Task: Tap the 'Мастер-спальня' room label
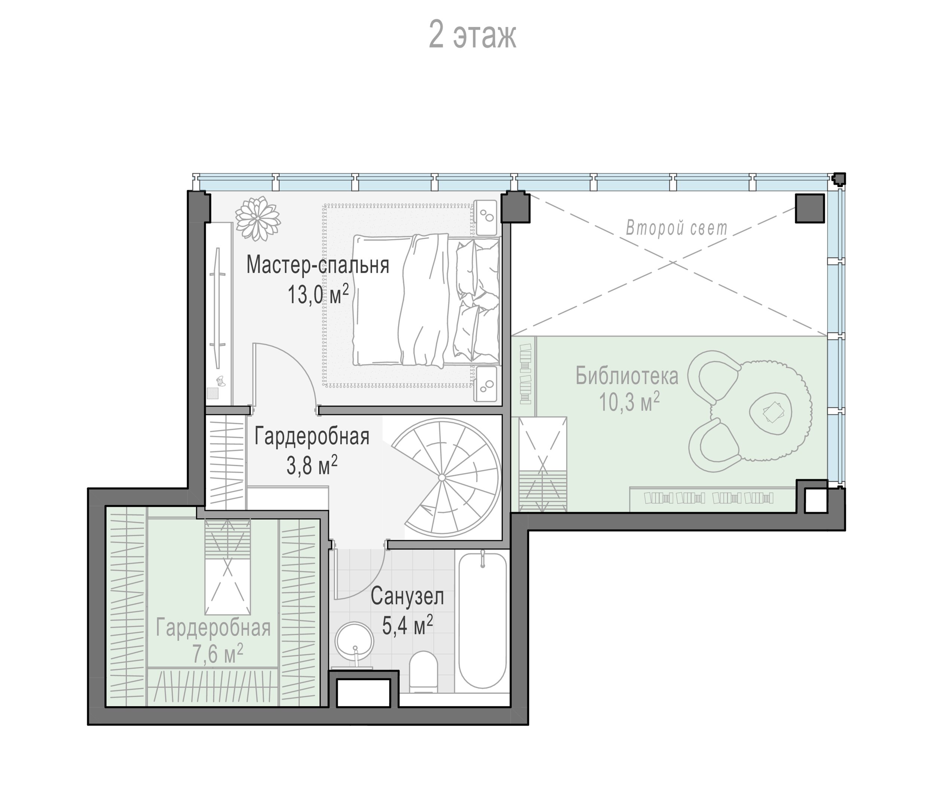click(x=318, y=265)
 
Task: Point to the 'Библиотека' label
click(x=627, y=376)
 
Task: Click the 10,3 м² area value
click(x=629, y=402)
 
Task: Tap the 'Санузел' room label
click(x=407, y=597)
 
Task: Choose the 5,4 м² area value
click(x=407, y=625)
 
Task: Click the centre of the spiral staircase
click(x=442, y=478)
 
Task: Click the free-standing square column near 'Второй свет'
click(x=809, y=208)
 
